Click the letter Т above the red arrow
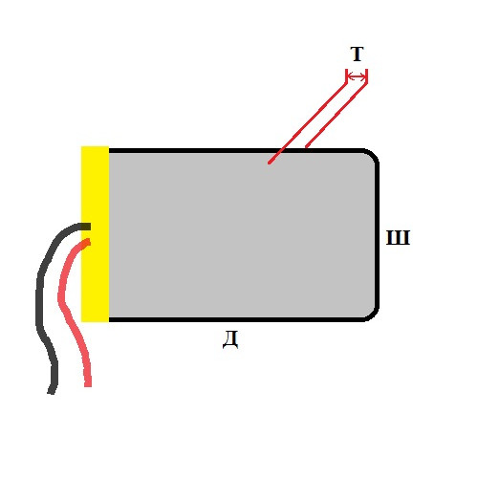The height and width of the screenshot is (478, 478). [357, 54]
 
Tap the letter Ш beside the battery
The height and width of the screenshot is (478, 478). [398, 237]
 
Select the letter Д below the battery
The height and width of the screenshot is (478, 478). [230, 340]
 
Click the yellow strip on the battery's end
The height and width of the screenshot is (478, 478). [95, 234]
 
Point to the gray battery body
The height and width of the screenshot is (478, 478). [242, 235]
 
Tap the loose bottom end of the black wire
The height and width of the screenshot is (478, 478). [52, 392]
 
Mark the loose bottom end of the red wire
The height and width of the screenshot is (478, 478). [88, 384]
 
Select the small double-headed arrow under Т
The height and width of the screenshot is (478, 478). [357, 76]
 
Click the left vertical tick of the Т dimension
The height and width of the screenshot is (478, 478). [346, 76]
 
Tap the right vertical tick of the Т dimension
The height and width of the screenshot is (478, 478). [366, 76]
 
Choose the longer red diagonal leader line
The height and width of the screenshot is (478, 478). [308, 123]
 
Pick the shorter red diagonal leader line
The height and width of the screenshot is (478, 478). [336, 116]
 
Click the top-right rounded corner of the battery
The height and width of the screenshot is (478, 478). [372, 155]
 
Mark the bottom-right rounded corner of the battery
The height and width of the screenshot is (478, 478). [372, 315]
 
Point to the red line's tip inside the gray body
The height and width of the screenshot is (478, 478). [270, 163]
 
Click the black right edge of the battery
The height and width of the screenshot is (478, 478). [377, 235]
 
